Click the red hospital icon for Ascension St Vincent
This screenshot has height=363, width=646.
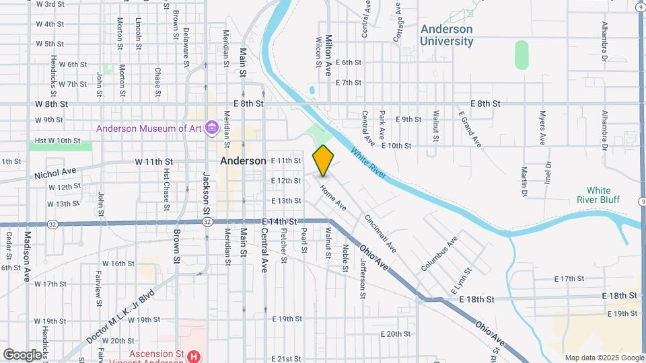194,356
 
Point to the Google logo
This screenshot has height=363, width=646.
22,354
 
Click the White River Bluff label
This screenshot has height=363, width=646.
598,195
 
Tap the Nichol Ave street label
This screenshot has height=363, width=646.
56,174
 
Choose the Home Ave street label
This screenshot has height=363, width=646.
333,199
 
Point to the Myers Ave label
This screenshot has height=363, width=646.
542,128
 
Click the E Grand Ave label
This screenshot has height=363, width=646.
470,129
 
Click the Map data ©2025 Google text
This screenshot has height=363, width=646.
604,358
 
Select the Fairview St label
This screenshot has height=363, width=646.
99,284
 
